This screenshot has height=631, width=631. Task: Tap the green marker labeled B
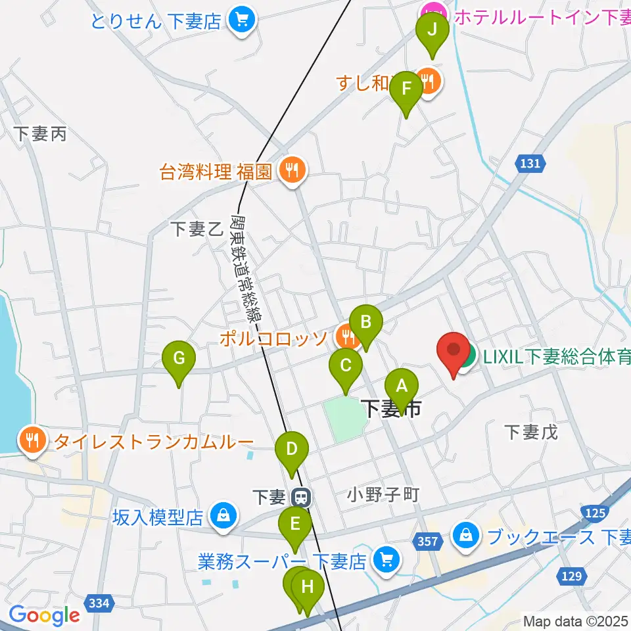click(x=366, y=323)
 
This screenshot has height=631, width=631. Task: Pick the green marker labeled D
click(x=292, y=450)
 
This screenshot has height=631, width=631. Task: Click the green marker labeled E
click(x=295, y=524)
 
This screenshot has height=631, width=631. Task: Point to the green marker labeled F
click(x=406, y=89)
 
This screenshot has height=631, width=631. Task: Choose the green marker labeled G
click(x=179, y=359)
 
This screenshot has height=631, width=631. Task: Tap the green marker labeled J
click(x=432, y=30)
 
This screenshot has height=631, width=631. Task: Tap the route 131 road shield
click(x=531, y=164)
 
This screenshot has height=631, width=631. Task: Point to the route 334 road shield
click(x=100, y=601)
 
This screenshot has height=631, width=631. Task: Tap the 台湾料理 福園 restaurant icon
click(x=291, y=172)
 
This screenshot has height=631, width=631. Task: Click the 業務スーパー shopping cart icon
click(x=386, y=561)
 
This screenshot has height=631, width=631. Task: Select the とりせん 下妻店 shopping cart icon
click(x=239, y=20)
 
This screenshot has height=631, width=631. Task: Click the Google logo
click(x=44, y=615)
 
